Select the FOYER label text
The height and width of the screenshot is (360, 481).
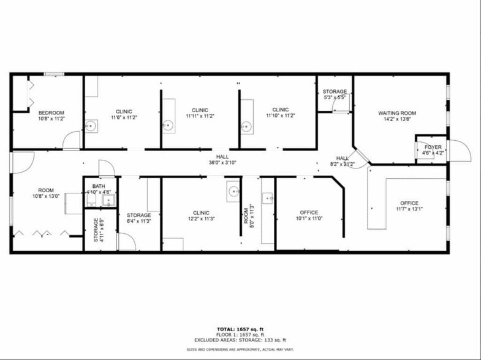(433, 148)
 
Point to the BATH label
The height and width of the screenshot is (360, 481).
(98, 186)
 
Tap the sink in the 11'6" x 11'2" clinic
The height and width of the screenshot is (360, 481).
(91, 127)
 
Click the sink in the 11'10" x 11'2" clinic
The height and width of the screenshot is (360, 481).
(246, 127)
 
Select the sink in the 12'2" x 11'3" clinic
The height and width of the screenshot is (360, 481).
(233, 191)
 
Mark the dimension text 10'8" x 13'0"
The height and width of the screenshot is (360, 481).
(46, 197)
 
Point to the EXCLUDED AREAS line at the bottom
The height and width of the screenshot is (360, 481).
(240, 340)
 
